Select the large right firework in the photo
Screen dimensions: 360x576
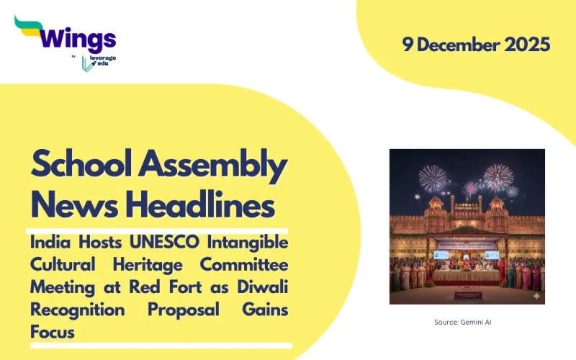[498, 176]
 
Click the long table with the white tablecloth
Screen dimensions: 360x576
[467, 275]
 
